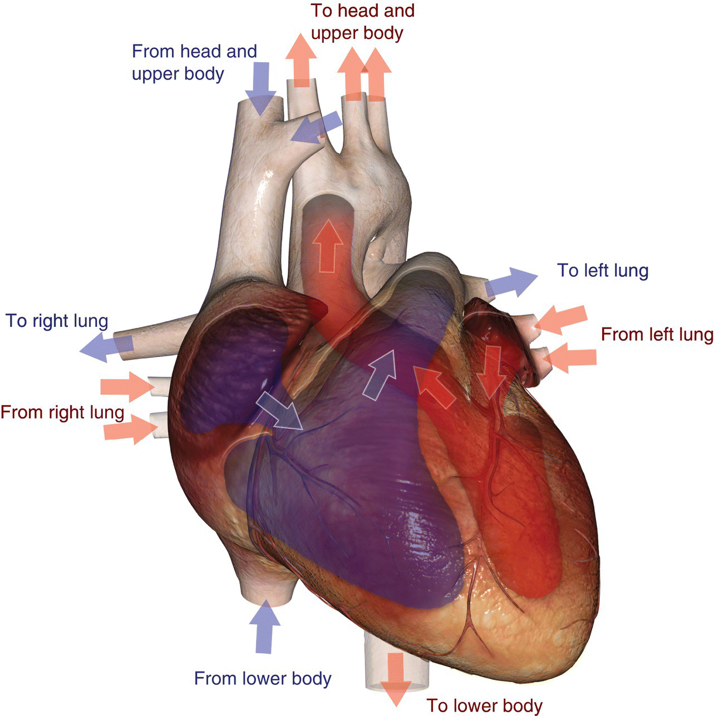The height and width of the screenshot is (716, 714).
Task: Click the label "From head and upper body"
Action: click(x=194, y=62)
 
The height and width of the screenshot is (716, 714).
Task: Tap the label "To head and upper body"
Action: click(x=362, y=22)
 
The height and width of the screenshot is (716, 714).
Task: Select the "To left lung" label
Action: click(x=603, y=271)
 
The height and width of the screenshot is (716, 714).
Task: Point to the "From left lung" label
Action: click(x=657, y=335)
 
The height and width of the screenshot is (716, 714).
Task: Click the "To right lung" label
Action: click(x=57, y=321)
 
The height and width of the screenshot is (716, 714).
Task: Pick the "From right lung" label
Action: click(x=62, y=412)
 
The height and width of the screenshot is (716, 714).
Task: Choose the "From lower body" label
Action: click(x=263, y=678)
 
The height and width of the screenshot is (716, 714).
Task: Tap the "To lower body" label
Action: click(x=484, y=705)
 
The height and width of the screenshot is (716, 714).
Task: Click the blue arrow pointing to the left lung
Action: click(x=511, y=282)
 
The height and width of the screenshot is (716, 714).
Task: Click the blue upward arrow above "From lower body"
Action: click(x=264, y=628)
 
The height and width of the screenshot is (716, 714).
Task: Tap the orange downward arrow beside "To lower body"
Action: click(x=396, y=678)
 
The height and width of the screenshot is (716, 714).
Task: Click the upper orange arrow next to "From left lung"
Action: click(x=562, y=319)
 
